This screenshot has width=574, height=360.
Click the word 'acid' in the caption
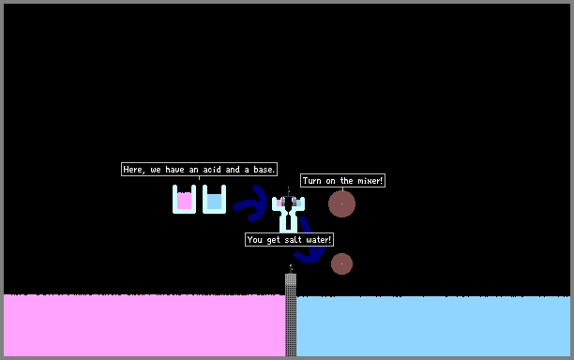click(212, 170)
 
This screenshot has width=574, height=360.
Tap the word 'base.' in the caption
click(264, 170)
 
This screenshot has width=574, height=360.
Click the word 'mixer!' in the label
click(370, 181)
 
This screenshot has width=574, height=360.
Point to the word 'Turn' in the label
click(312, 181)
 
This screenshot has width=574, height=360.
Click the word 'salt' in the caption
click(293, 240)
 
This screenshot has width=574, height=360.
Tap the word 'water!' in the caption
click(319, 240)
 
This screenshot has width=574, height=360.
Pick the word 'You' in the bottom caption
click(255, 240)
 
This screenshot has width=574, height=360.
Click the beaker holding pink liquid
click(184, 199)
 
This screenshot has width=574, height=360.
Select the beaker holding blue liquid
click(214, 199)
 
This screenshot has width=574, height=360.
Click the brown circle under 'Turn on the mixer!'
click(341, 203)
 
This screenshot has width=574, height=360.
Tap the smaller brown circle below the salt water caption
click(341, 263)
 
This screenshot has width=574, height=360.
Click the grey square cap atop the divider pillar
click(291, 279)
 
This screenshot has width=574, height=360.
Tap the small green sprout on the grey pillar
click(291, 269)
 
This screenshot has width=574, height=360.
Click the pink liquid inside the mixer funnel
click(279, 202)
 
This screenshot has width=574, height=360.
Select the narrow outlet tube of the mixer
click(288, 223)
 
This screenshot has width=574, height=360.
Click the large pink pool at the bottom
click(144, 325)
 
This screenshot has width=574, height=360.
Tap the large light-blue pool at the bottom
click(433, 326)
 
